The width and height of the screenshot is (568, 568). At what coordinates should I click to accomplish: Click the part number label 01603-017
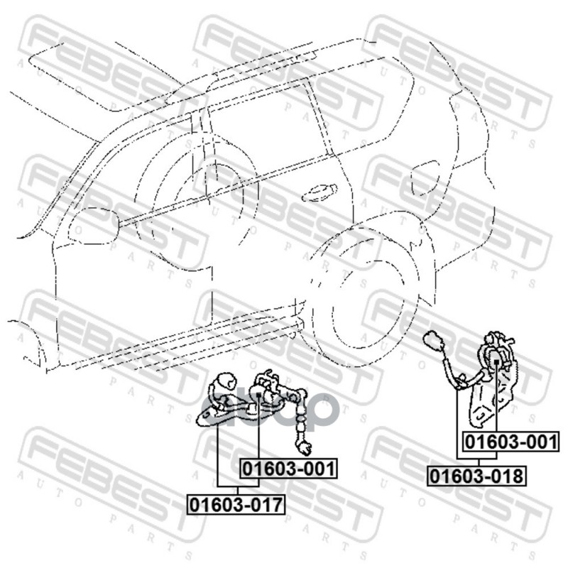click(236, 505)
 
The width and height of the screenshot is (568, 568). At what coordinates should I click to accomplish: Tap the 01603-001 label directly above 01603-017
click(288, 469)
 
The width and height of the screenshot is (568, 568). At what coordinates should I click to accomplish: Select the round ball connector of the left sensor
click(226, 381)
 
